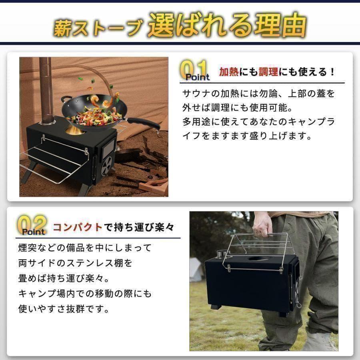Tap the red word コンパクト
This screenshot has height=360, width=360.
(78, 227)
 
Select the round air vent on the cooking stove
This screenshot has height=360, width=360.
(106, 165)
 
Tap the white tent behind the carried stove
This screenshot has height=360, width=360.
(196, 269)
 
